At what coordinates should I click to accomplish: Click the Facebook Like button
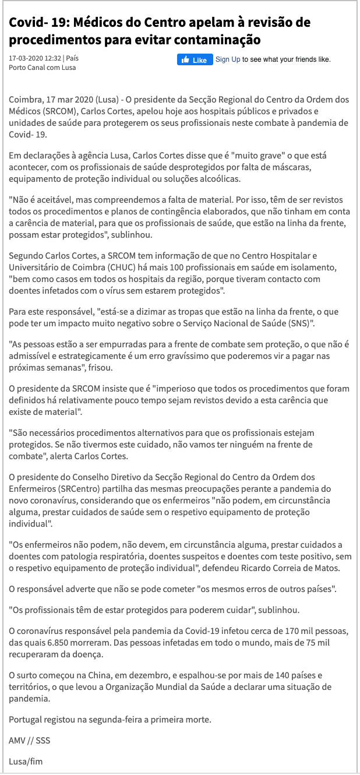point(195,60)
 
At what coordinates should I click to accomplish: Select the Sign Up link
point(228,59)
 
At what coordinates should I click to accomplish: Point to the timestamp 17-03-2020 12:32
point(35,58)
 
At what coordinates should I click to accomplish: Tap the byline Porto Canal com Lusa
point(43,68)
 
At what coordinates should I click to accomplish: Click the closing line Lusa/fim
point(26,762)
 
